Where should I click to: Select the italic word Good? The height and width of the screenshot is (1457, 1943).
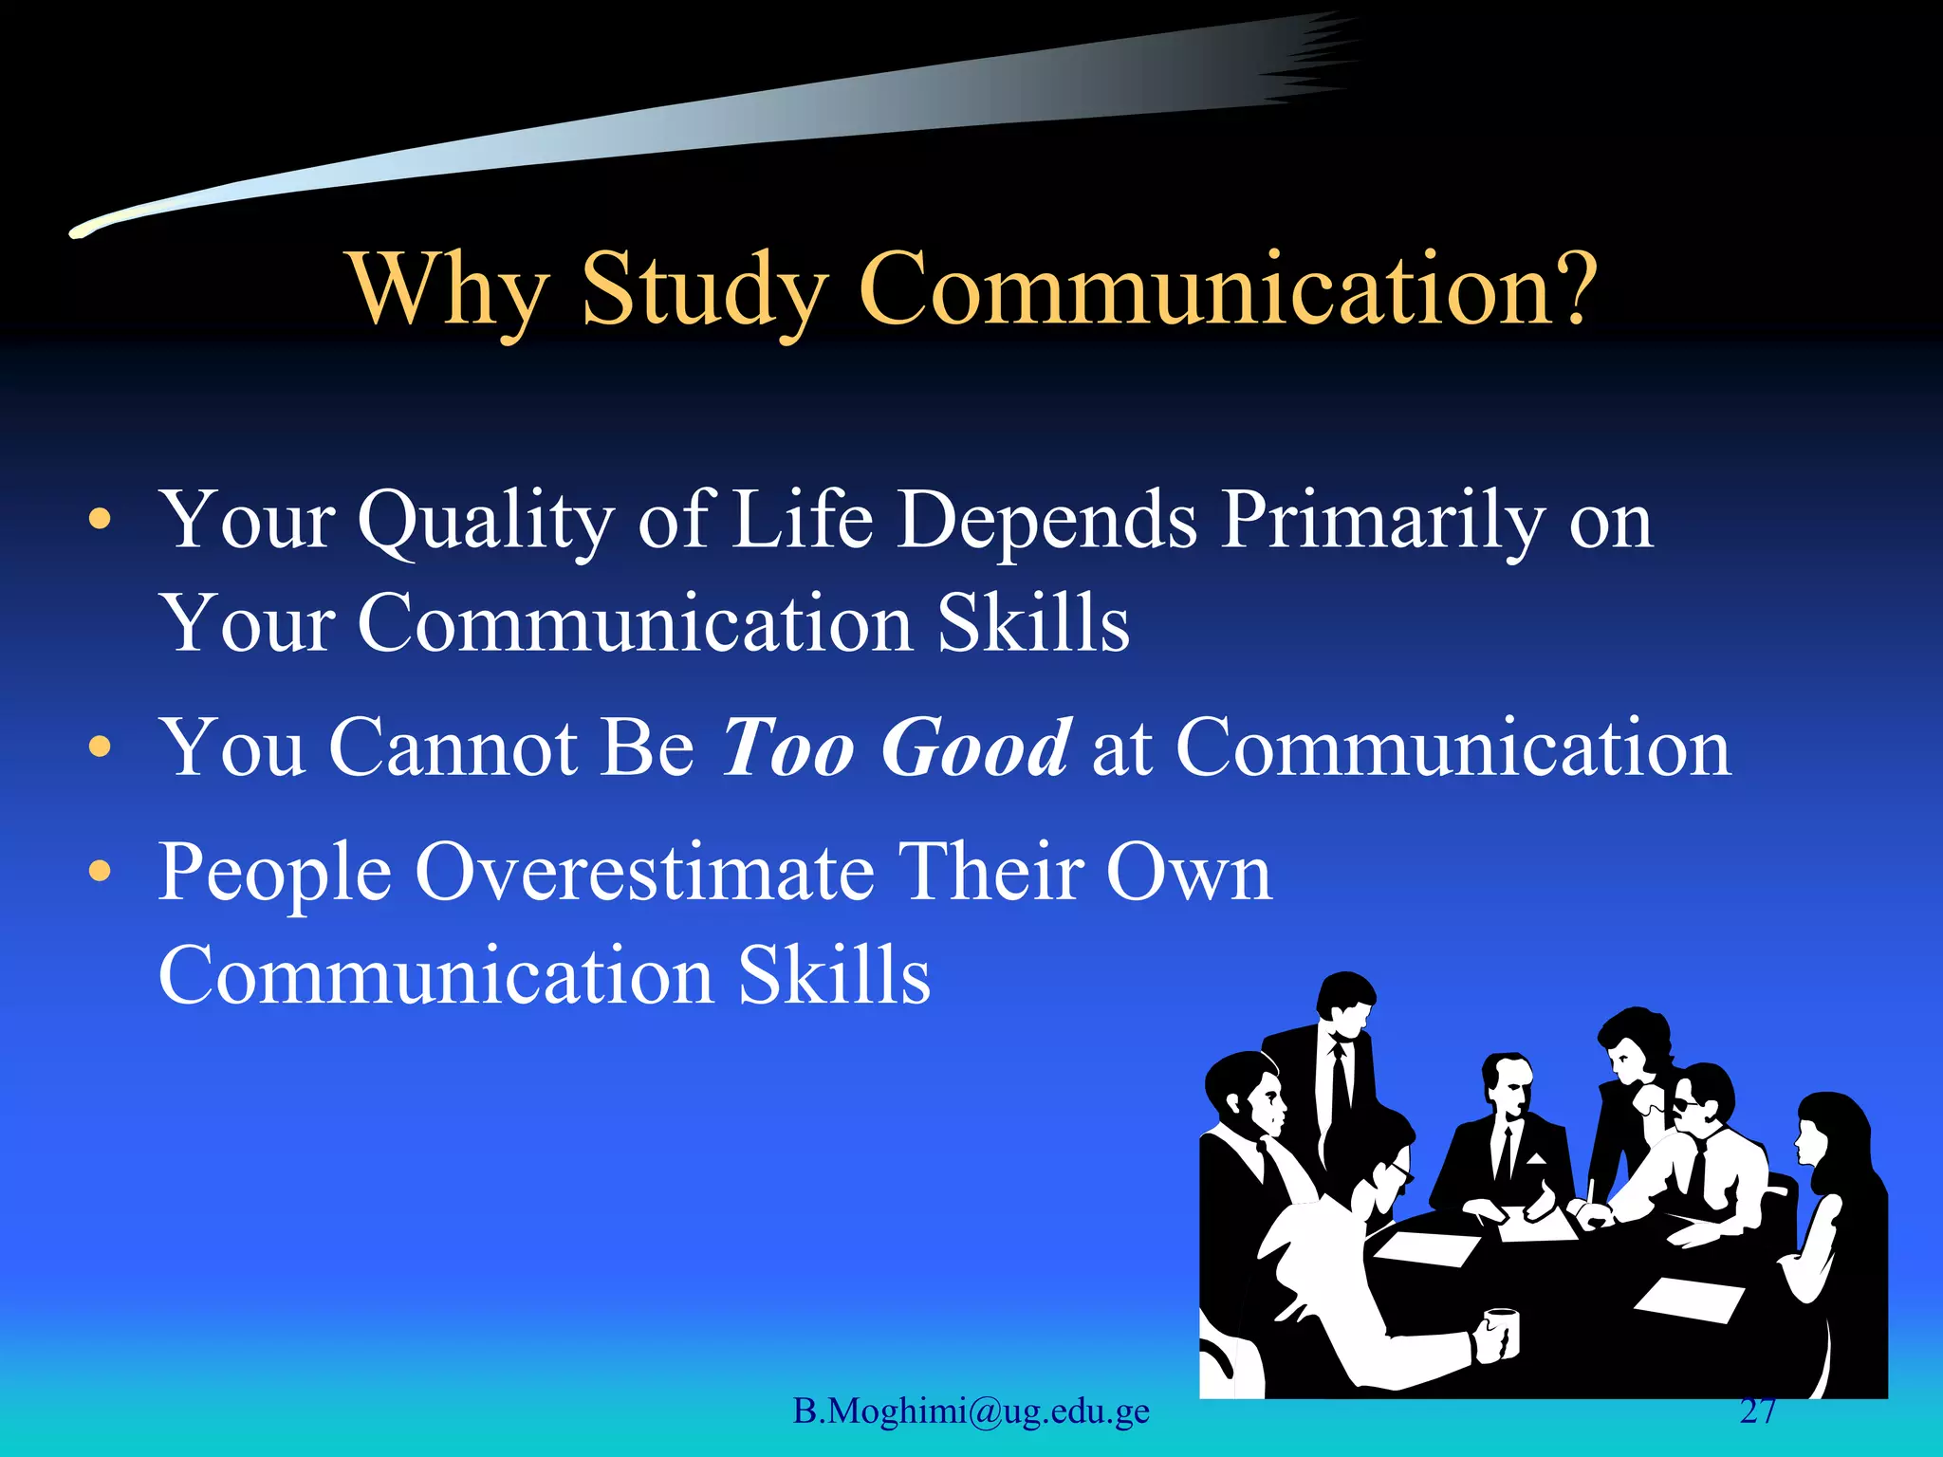(x=977, y=747)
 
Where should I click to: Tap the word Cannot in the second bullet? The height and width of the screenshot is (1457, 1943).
(x=453, y=747)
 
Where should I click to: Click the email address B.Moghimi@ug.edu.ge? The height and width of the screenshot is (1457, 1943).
(x=971, y=1411)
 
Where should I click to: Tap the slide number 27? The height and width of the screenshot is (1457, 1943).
(x=1758, y=1411)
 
